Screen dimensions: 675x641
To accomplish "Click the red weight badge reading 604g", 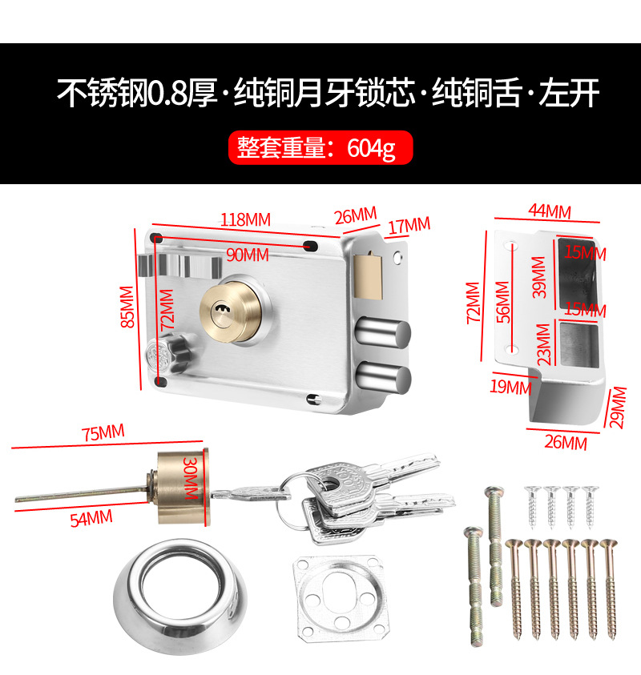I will [321, 147].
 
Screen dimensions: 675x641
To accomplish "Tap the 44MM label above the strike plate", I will [549, 211].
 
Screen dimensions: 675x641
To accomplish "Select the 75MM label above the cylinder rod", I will [103, 432].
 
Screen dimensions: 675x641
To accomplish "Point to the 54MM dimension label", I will [91, 517].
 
